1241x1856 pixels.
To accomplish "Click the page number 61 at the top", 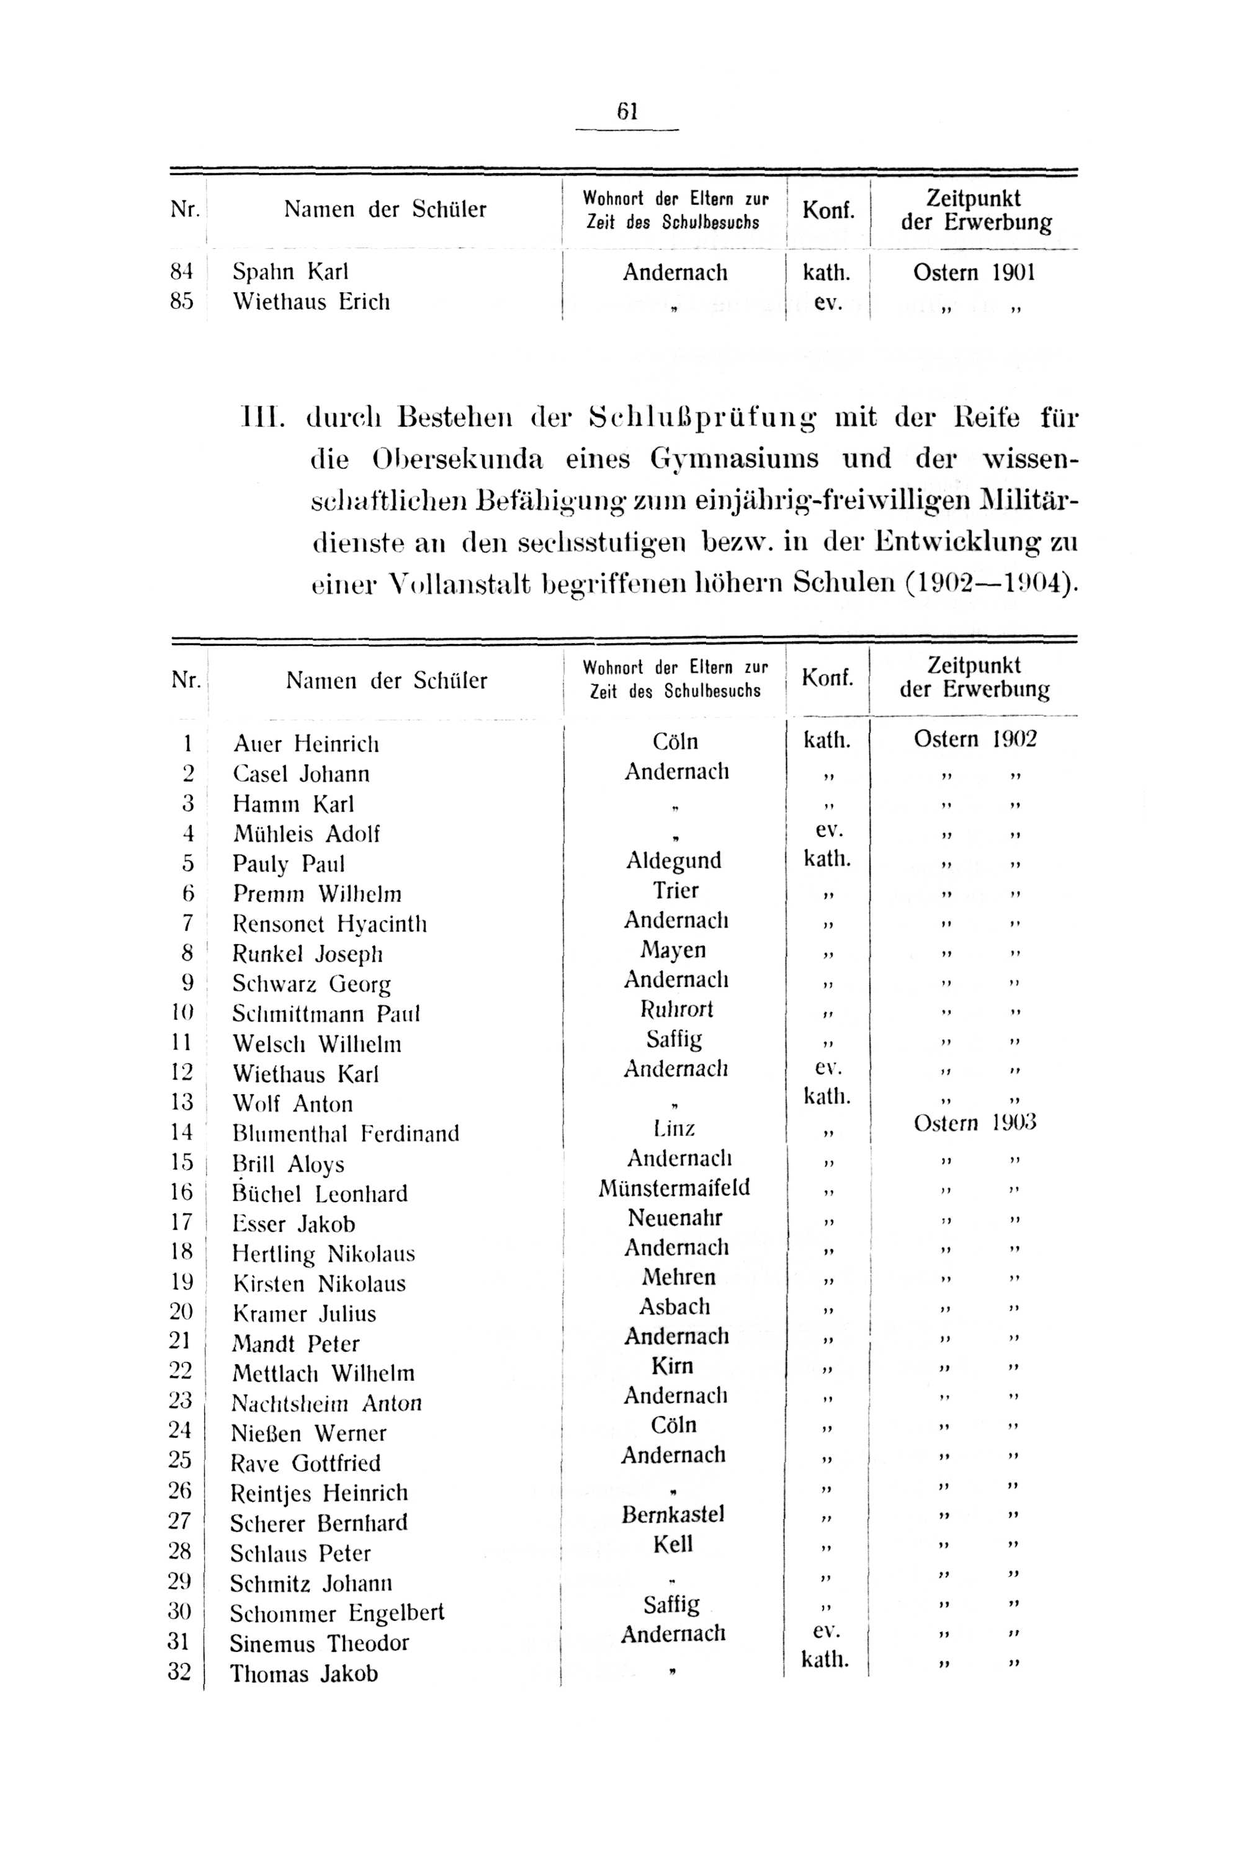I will (627, 112).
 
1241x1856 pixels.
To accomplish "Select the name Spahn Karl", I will (290, 272).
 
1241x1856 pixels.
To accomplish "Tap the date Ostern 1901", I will (974, 273).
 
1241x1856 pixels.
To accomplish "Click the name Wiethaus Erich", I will (311, 302).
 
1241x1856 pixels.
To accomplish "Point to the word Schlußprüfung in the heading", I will (704, 417).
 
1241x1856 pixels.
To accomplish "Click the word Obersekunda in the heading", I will (457, 459).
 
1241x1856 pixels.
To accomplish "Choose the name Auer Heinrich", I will (307, 744).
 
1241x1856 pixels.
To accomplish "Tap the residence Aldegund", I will (673, 861).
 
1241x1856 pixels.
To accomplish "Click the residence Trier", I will (675, 891).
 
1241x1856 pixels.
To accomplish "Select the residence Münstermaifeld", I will (674, 1189).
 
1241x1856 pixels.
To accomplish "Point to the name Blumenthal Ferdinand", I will (346, 1134).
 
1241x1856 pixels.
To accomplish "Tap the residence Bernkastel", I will (673, 1514).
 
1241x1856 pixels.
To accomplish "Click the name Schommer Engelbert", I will (337, 1612).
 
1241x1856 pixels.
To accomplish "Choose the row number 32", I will (180, 1673).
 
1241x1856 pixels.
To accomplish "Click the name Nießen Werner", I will (308, 1434).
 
